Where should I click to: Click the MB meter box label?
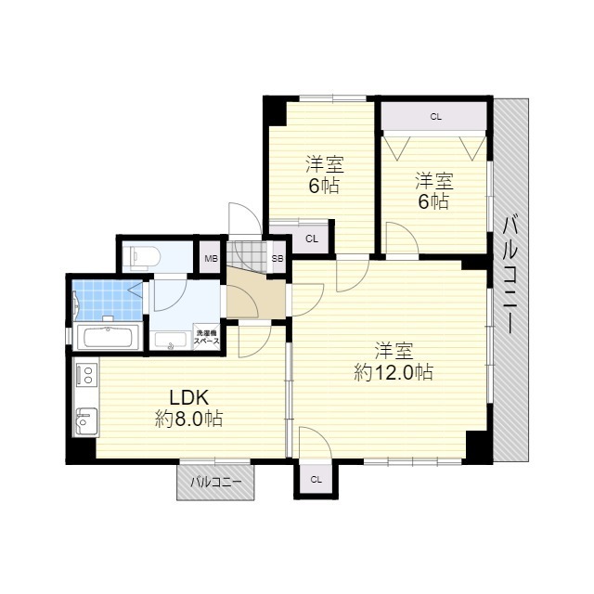point(211,259)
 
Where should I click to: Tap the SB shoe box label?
point(278,259)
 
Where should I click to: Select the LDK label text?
point(188,398)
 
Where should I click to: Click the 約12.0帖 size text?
point(394,373)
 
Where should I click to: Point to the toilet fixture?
point(145,255)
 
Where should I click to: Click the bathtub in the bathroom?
point(108,337)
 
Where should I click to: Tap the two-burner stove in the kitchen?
point(86,374)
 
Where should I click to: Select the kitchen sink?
point(86,421)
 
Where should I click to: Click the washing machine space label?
point(206,337)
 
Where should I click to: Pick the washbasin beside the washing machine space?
point(171,341)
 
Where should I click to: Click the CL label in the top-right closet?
point(435,117)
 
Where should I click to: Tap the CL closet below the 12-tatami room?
point(316,480)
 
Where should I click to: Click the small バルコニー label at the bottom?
point(215,483)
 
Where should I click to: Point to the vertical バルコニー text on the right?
point(511,274)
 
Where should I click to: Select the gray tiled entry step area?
point(247,256)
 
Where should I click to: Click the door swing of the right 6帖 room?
point(402,238)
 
